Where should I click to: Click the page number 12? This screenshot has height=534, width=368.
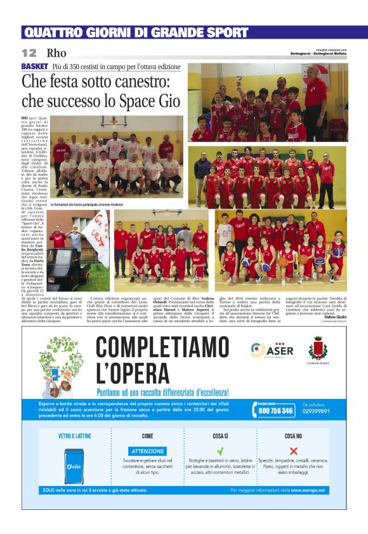29,53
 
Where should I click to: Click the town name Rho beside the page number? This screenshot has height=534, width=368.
56,53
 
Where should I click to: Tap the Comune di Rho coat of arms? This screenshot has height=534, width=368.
318,348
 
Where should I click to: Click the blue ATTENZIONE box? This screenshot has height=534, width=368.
148,451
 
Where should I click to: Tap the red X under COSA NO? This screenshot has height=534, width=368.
294,450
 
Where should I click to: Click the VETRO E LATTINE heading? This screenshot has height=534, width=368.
74,436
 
